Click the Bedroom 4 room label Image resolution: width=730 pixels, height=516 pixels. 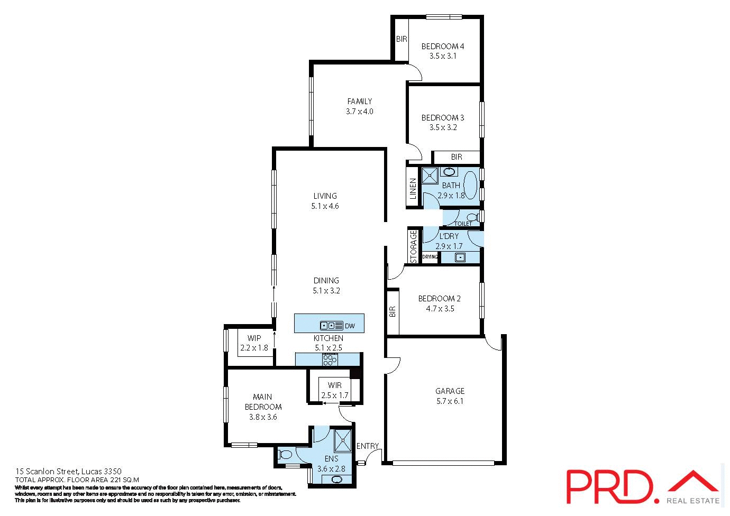pyautogui.click(x=442, y=47)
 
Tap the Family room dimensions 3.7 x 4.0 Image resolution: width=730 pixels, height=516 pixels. pyautogui.click(x=359, y=112)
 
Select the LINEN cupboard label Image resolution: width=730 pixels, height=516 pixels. pyautogui.click(x=413, y=189)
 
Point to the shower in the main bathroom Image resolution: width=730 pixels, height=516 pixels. pyautogui.click(x=430, y=176)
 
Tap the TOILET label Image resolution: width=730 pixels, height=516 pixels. pyautogui.click(x=463, y=224)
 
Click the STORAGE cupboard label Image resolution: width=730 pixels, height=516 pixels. pyautogui.click(x=414, y=246)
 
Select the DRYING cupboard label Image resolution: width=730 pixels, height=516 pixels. pyautogui.click(x=430, y=257)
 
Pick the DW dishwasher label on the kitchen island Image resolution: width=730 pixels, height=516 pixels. pyautogui.click(x=350, y=326)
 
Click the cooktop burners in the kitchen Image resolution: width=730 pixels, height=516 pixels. pyautogui.click(x=329, y=360)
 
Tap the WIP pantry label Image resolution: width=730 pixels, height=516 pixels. pyautogui.click(x=254, y=338)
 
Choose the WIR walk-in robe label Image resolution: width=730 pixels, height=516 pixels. pyautogui.click(x=334, y=385)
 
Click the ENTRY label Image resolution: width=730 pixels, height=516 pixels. pyautogui.click(x=367, y=446)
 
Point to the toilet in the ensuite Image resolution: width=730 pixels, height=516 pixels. pyautogui.click(x=285, y=454)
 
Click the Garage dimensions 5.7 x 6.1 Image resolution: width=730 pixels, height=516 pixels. pyautogui.click(x=450, y=401)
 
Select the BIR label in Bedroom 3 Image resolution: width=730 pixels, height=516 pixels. pyautogui.click(x=456, y=157)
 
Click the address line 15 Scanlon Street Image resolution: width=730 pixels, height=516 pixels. pyautogui.click(x=69, y=471)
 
